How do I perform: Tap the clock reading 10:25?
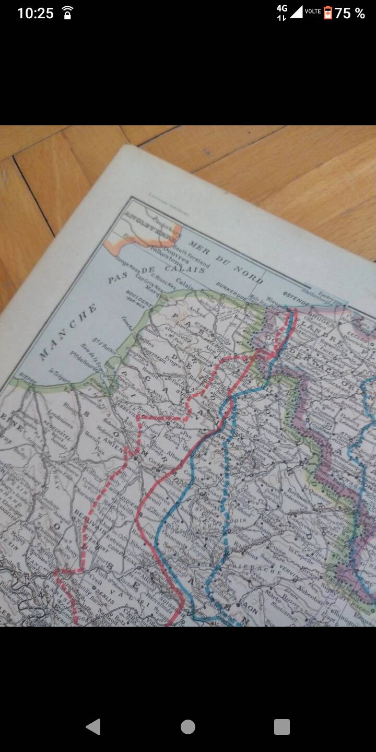click(x=35, y=13)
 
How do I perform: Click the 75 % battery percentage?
click(x=349, y=13)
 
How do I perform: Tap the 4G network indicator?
click(x=282, y=8)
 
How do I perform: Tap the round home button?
click(x=188, y=726)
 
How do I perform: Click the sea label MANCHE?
click(x=68, y=332)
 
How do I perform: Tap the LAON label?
click(x=250, y=609)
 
